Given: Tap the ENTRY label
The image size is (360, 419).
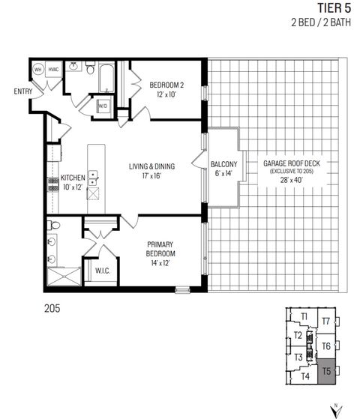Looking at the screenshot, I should pyautogui.click(x=22, y=91).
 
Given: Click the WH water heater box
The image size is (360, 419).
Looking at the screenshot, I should pyautogui.click(x=38, y=70).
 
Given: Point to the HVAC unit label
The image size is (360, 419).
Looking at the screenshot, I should pyautogui.click(x=53, y=70).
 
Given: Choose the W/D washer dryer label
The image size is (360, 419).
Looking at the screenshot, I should pyautogui.click(x=103, y=106).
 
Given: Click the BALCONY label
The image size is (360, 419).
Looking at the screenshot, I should pyautogui.click(x=223, y=164).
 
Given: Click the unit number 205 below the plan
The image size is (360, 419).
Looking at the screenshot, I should pyautogui.click(x=52, y=308).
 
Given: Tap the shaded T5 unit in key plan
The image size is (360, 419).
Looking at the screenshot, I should pyautogui.click(x=326, y=371).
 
